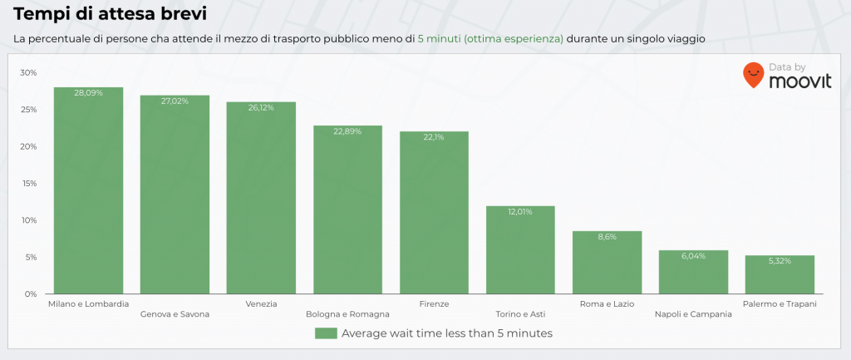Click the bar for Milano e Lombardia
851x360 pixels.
pyautogui.click(x=88, y=191)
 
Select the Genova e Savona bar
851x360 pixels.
pyautogui.click(x=175, y=195)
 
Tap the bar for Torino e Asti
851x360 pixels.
pyautogui.click(x=520, y=249)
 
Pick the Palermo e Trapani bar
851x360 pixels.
pyautogui.click(x=780, y=274)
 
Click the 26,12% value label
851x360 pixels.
pyautogui.click(x=261, y=107)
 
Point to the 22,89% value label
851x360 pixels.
pyautogui.click(x=347, y=131)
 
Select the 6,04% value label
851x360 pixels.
pyautogui.click(x=693, y=255)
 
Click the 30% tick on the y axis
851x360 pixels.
pyautogui.click(x=28, y=73)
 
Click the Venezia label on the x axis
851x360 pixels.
pyautogui.click(x=261, y=304)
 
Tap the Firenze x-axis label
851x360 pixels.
pyautogui.click(x=434, y=304)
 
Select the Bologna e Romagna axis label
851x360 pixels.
pyautogui.click(x=347, y=314)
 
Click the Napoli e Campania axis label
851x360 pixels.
pyautogui.click(x=693, y=314)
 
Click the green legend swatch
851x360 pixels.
pyautogui.click(x=326, y=333)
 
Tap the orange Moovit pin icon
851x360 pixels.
pyautogui.click(x=754, y=75)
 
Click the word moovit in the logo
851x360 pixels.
pyautogui.click(x=799, y=81)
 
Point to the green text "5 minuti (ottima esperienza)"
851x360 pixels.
pyautogui.click(x=490, y=39)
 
